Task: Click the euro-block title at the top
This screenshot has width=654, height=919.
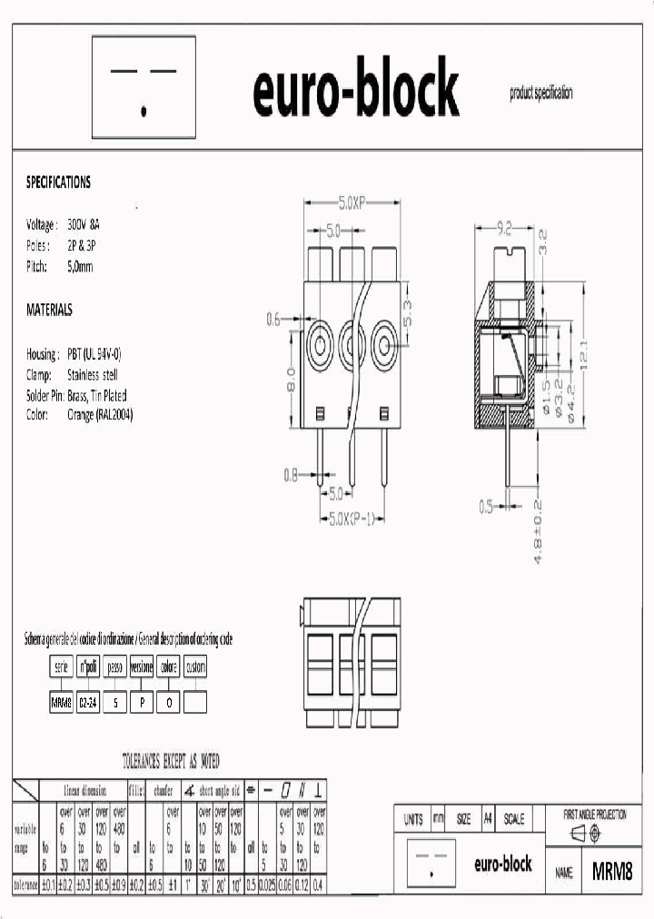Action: coord(355,90)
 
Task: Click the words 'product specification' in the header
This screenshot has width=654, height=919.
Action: coord(541,94)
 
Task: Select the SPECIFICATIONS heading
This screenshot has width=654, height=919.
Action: coord(58,183)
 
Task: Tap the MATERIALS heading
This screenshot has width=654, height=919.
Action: coord(49,311)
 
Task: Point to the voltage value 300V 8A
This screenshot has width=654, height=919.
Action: coord(84,224)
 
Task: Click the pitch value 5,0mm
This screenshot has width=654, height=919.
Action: coord(80,267)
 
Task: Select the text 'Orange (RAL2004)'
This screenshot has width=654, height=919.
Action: coord(100,416)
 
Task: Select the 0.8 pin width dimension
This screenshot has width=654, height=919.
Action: coord(291,473)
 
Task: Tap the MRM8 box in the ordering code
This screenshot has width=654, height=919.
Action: coord(61,703)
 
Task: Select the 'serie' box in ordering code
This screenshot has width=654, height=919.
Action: coord(61,667)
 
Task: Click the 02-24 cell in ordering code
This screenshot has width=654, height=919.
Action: coord(88,703)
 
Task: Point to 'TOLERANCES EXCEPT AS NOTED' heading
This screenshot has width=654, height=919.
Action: coord(171,761)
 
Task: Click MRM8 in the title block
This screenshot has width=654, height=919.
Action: coord(611,873)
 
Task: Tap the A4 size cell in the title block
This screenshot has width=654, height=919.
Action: coord(487,819)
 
